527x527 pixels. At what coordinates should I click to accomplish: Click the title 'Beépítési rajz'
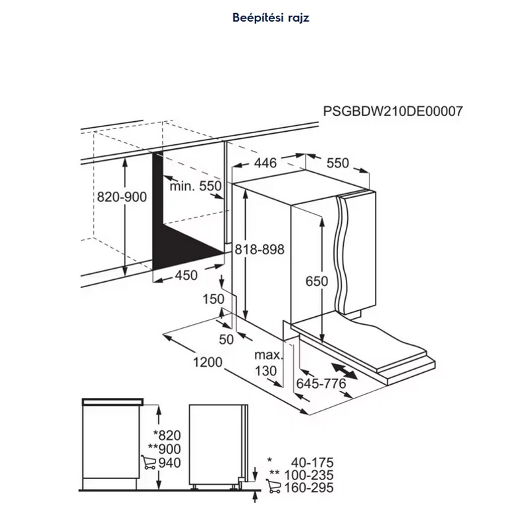271,18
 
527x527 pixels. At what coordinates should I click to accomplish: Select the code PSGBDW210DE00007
393,111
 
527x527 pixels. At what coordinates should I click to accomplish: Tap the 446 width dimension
265,163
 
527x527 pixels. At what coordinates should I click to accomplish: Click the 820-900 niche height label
122,196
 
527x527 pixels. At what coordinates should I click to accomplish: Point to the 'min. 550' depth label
196,186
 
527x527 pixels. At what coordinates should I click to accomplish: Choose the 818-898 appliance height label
260,250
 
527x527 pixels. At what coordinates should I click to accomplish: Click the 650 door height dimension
317,281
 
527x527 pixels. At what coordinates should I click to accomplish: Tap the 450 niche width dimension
186,275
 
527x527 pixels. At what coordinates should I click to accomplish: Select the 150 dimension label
213,299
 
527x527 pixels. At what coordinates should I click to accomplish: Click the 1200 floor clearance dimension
208,362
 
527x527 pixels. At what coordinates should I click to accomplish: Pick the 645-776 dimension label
321,383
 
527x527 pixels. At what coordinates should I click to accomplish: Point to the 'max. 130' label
267,363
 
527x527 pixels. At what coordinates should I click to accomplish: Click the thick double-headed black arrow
344,371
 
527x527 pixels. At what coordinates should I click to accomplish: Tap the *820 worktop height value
167,435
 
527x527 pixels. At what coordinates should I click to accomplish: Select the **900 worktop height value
164,449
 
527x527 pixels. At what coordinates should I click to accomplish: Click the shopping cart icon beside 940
149,462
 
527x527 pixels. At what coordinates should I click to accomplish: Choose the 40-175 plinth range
312,462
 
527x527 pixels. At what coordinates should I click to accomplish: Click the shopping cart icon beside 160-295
273,486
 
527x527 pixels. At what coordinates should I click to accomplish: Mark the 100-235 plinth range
309,475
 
